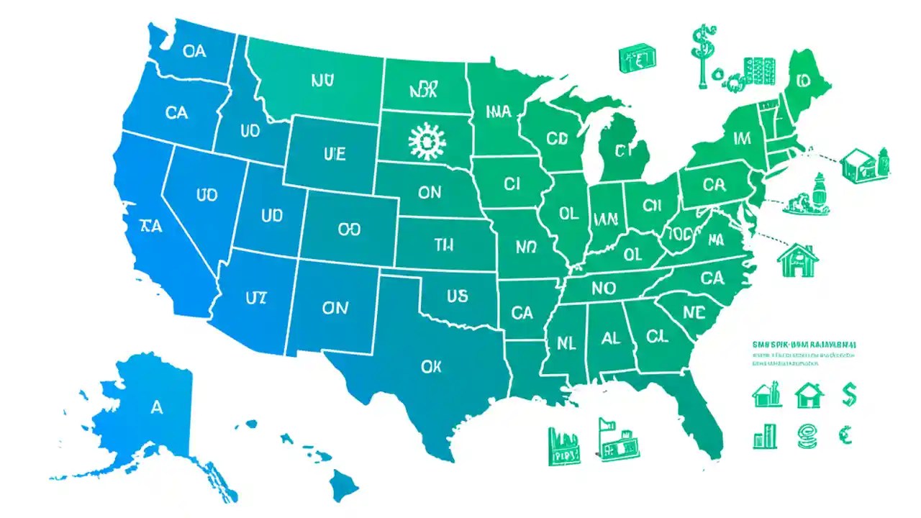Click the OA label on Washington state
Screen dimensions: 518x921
tap(194, 51)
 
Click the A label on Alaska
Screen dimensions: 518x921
tap(157, 407)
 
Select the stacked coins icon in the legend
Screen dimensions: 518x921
tap(807, 434)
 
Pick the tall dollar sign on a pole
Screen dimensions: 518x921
tap(698, 58)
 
